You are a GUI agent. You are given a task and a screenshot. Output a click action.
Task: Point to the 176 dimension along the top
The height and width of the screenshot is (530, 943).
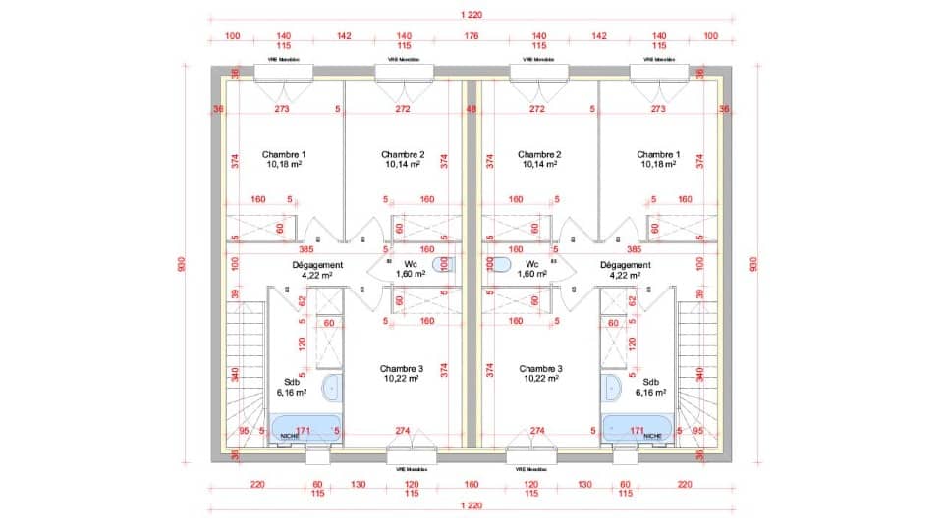(471, 36)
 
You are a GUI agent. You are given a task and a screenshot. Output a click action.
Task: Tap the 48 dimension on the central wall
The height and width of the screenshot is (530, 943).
(471, 110)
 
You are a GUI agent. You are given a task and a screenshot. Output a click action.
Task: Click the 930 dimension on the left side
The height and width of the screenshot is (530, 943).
(182, 265)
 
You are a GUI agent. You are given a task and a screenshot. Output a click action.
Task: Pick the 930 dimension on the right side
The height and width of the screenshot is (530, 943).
(754, 265)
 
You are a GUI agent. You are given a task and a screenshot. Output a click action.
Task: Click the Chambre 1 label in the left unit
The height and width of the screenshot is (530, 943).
(284, 154)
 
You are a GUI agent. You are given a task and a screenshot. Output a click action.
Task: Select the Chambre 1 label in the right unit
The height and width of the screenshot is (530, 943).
(658, 154)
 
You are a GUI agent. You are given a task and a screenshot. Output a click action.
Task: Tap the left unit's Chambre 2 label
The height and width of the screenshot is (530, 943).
(403, 154)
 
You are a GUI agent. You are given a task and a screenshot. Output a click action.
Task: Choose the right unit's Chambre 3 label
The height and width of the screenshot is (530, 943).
(539, 368)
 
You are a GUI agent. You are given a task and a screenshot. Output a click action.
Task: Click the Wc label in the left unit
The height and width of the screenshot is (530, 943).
(411, 265)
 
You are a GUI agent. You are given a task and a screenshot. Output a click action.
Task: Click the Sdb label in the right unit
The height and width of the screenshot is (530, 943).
(651, 383)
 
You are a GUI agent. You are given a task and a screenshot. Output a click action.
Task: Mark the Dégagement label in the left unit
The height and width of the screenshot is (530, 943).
(317, 265)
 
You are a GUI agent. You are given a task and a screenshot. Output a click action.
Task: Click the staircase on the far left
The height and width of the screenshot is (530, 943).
(241, 373)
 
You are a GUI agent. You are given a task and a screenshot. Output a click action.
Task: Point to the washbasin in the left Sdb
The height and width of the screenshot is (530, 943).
(333, 387)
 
